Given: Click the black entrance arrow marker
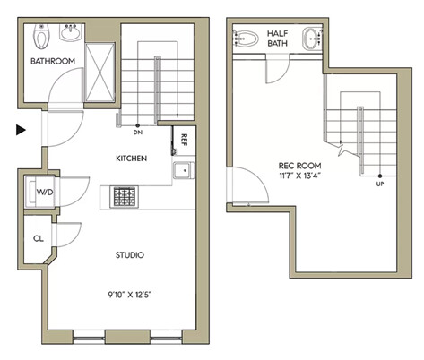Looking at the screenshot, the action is coord(21,130).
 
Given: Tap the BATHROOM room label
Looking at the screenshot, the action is coord(53,61).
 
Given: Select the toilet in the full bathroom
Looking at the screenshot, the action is coord(40,37).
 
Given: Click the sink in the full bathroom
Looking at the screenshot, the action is coord(71,32).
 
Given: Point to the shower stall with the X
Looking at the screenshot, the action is coord(100,73).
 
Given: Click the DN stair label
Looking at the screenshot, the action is coord(138,132).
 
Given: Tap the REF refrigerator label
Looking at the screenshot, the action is coord(184,140).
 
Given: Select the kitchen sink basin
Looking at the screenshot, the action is coord(184,170).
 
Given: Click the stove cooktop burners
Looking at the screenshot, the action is coord(125,197).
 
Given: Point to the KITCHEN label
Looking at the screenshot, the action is coord(132,159).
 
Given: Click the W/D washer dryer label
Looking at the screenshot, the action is coord(45,192).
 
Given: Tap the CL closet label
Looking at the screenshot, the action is coord(39,238).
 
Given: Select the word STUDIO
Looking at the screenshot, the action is coord(130,255).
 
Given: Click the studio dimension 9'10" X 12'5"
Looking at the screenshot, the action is coord(130,295).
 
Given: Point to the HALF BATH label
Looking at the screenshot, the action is coord(277,39).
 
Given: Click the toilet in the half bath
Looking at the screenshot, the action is coord(246,39).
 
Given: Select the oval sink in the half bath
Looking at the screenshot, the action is coord(312,39).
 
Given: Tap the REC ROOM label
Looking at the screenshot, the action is coord(299,166).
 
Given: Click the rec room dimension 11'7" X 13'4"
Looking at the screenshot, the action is coord(299,176).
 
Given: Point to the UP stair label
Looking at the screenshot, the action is coord(380,184).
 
